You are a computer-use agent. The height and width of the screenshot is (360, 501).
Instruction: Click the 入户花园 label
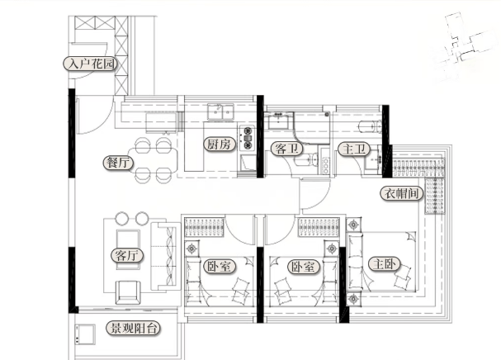pos(91,64)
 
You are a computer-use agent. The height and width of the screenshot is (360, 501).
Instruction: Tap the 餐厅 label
pos(118,163)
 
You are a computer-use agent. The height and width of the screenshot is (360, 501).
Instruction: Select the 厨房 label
pos(220,144)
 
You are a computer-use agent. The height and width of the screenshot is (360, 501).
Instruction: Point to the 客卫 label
pos(286,149)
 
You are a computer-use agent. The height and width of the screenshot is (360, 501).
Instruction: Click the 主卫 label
pos(354,149)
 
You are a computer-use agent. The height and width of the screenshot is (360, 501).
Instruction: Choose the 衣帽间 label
pos(401,193)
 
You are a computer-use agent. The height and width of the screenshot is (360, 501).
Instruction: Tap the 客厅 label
pos(127,255)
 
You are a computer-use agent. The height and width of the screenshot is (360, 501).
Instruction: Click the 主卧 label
pos(385,264)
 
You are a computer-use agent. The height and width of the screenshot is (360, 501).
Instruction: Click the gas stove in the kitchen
pos(248,138)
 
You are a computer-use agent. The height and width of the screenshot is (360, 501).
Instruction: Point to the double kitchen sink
pos(220,111)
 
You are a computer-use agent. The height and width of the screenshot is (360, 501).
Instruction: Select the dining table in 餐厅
pos(153,160)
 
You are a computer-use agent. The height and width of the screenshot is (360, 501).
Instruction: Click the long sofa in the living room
pos(166,257)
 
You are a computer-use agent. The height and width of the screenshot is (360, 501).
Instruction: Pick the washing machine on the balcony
pos(85,334)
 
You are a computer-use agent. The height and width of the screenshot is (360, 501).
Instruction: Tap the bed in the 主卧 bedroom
pos(382,262)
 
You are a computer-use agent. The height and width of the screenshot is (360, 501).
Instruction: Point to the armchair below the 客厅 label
pos(127,292)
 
